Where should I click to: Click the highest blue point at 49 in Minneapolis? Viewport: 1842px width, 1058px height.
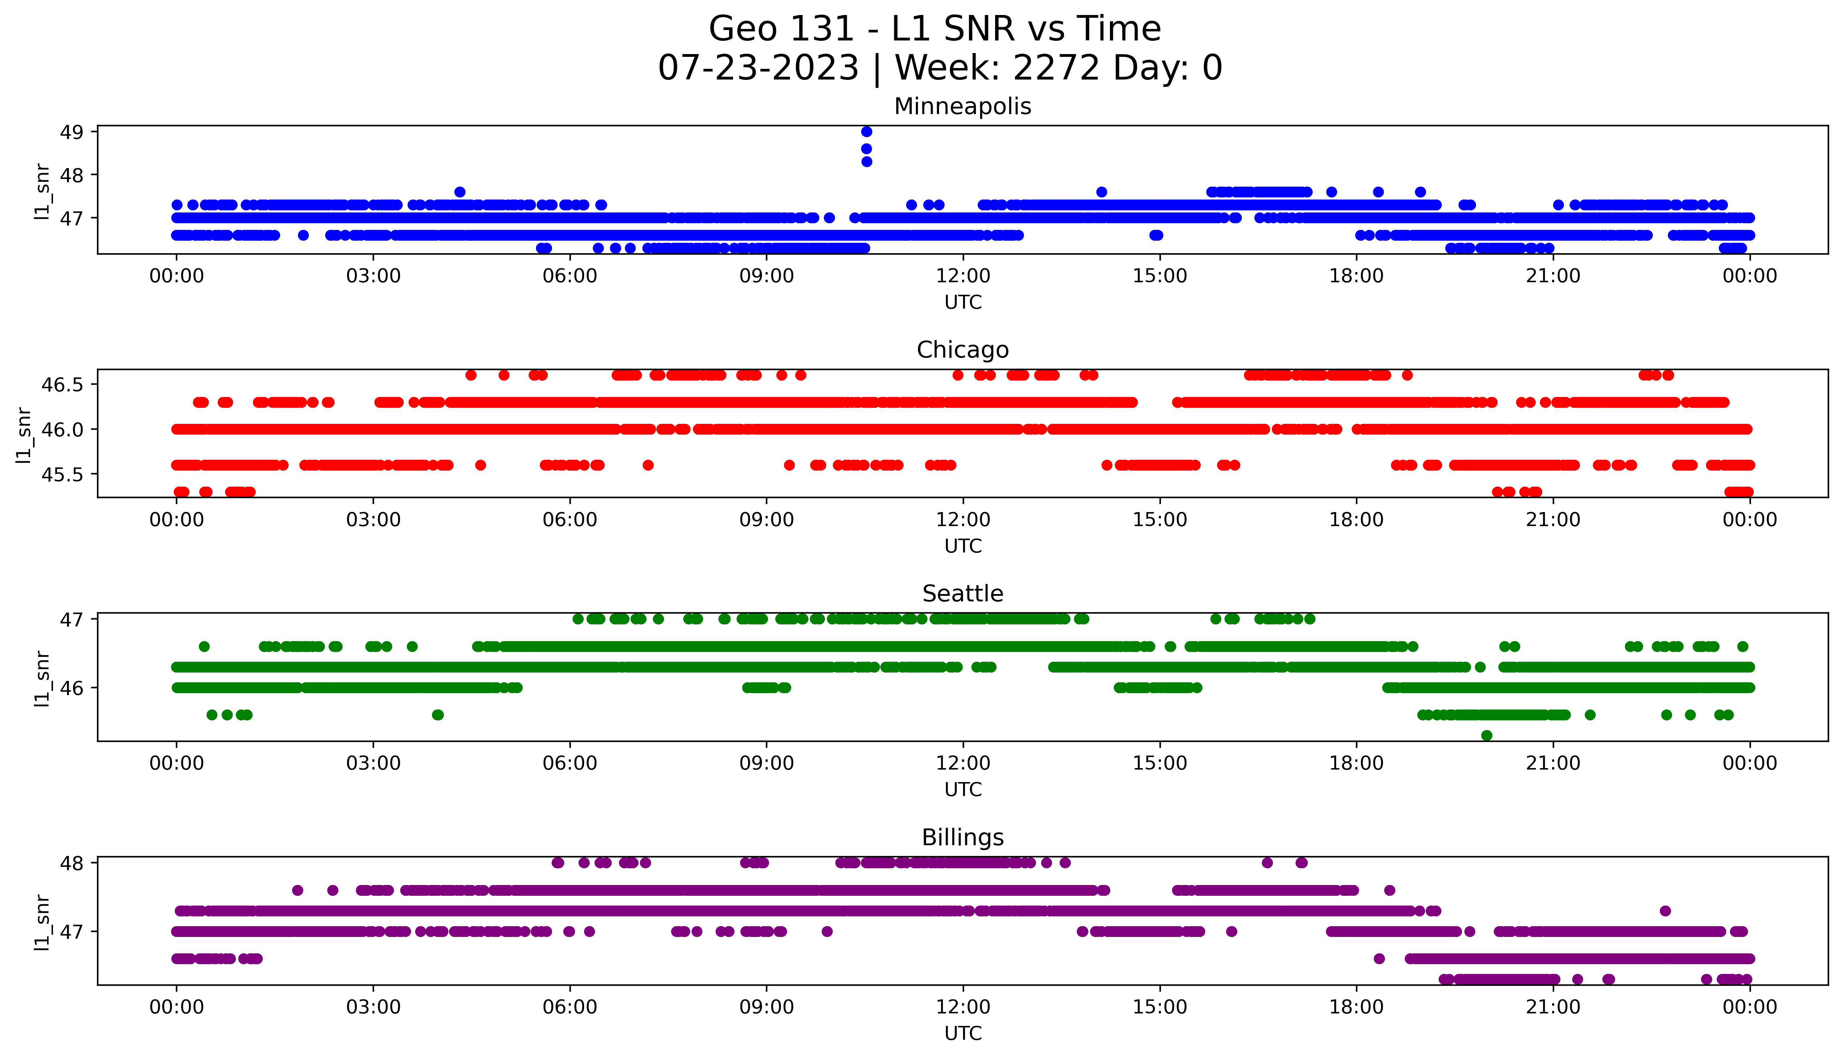866,132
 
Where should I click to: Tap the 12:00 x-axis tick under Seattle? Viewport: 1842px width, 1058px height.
963,764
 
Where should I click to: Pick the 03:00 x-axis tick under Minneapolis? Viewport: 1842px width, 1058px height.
373,276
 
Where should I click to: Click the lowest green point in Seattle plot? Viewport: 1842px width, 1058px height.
1487,735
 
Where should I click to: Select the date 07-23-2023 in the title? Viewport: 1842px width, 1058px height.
758,68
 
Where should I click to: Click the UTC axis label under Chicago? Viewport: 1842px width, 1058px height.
963,546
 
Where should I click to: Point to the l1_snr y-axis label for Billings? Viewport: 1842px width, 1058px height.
42,922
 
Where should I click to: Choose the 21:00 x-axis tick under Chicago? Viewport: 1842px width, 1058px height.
1553,520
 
